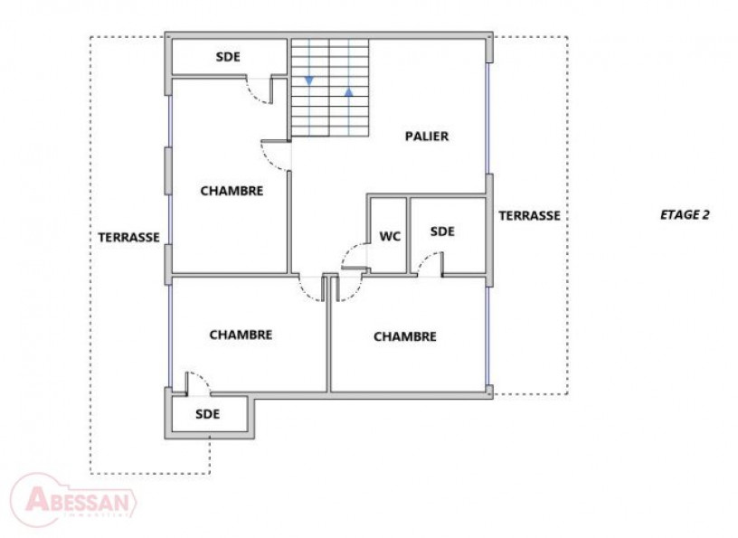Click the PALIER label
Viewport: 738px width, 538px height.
426,137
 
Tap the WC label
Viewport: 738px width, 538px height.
390,237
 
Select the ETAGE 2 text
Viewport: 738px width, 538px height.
685,215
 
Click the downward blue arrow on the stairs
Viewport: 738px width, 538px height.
309,81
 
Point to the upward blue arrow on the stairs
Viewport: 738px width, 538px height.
349,91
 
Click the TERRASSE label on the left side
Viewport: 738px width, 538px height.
129,238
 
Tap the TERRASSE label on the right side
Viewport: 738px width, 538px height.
529,216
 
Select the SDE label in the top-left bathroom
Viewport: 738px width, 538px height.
228,56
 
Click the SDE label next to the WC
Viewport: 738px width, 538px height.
441,231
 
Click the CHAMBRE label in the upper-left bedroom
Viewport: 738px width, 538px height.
232,191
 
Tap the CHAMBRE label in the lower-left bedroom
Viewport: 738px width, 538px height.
241,335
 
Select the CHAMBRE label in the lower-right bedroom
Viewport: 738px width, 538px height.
405,336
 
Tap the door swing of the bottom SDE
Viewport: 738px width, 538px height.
197,383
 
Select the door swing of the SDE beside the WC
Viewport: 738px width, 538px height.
430,263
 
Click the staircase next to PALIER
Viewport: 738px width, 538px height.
329,88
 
